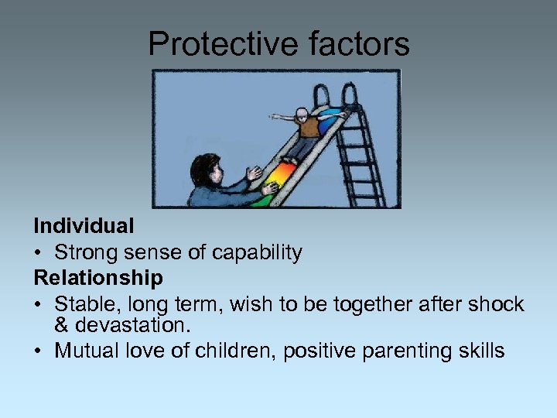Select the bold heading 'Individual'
(x=84, y=226)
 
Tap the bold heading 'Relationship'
(x=98, y=277)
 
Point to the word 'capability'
(x=259, y=252)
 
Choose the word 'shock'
(x=494, y=303)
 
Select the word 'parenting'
(x=399, y=351)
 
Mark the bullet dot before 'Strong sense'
(x=38, y=253)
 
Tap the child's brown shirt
(x=309, y=127)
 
